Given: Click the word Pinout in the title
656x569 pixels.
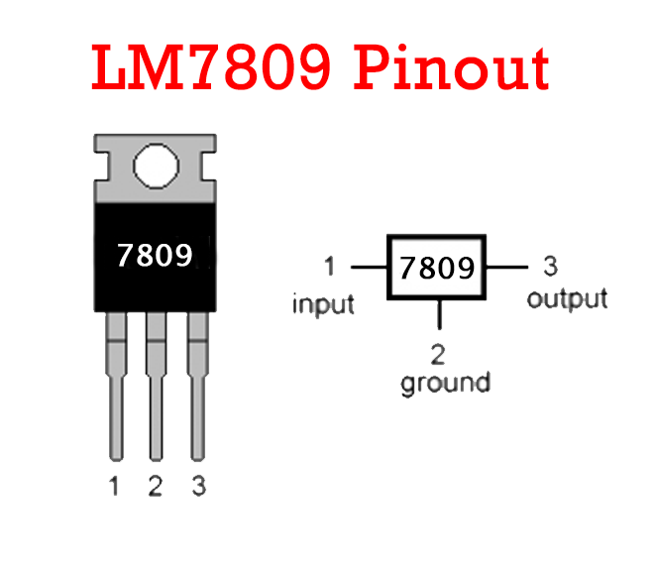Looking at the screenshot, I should pos(452,68).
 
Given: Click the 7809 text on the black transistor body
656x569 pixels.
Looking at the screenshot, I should pos(154,255).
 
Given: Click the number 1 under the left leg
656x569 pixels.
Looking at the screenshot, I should pos(115,487).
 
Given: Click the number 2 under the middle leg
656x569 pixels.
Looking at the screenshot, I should pos(155,487).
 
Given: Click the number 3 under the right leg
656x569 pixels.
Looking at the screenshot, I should pos(198,487).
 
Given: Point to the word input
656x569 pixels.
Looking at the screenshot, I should pos(323,303).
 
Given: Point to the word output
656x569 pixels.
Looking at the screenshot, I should pos(567,298).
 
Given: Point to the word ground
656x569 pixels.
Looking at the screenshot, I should pos(445,382).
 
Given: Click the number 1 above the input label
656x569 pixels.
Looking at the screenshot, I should pos(329,267).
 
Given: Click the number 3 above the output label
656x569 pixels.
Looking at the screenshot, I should pos(551,267).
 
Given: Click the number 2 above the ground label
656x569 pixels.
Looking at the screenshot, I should pos(437,352).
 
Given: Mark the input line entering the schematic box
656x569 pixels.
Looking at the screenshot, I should pos(368,268).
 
